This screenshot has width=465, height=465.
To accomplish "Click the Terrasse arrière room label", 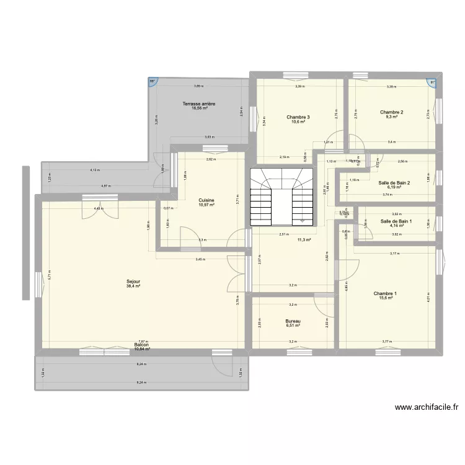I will coord(199,104).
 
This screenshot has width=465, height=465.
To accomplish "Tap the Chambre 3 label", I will coord(298,117).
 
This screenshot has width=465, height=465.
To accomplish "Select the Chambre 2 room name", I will coord(391,112).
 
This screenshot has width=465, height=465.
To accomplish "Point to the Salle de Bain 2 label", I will coord(394,182).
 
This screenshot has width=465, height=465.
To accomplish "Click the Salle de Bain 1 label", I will coord(396,221).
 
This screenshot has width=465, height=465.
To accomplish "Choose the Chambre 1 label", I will coord(385,293).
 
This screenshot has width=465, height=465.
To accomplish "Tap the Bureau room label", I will coord(293,321).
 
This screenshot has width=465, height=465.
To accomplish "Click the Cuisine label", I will coord(207,200).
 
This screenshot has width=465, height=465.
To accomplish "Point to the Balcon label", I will coord(141,345).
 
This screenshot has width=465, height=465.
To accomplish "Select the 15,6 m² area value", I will coord(385,298).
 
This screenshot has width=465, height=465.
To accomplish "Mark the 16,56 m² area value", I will coord(199,108).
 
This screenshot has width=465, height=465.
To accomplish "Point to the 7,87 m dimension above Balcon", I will coord(141,341).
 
